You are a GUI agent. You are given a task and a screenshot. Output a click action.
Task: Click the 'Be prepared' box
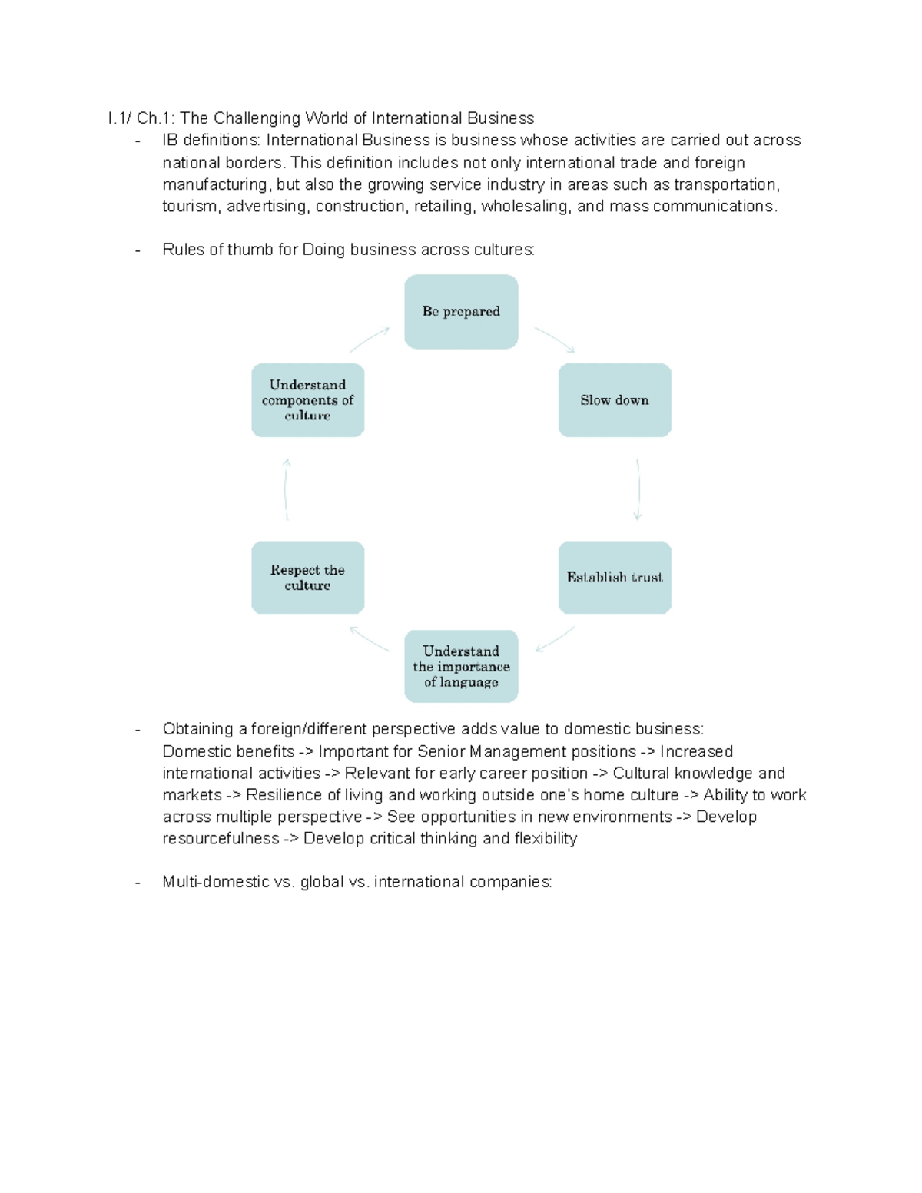[461, 311]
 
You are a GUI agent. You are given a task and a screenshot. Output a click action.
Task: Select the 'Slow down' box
[615, 400]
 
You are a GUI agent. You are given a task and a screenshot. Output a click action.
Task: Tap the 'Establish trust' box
[615, 577]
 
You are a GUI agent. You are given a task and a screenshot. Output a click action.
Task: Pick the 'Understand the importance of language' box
[461, 666]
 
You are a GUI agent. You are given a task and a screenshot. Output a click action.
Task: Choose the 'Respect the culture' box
[307, 577]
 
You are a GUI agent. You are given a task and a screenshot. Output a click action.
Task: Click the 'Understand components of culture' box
[307, 400]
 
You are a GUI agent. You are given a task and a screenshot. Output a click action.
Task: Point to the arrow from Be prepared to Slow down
[555, 340]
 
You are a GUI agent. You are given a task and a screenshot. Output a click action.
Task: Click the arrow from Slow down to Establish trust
[638, 489]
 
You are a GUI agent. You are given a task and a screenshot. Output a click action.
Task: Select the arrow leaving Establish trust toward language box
[555, 639]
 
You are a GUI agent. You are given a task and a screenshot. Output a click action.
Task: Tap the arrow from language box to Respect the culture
[370, 639]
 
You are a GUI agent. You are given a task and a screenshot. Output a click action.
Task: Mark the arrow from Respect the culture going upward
[286, 489]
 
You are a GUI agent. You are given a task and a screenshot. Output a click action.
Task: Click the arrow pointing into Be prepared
[370, 340]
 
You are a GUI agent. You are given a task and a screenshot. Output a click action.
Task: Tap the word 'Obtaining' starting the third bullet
[197, 729]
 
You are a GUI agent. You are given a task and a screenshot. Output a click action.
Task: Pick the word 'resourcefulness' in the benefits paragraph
[221, 839]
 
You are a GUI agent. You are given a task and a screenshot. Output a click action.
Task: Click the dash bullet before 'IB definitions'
[138, 141]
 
